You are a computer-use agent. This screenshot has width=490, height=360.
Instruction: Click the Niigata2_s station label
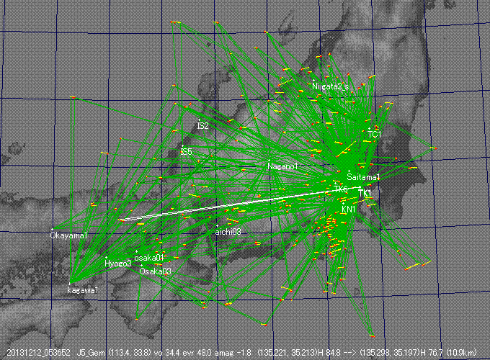(331, 86)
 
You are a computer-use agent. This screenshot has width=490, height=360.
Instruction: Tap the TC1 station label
(374, 135)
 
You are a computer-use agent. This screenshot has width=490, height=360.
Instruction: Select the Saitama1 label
(363, 176)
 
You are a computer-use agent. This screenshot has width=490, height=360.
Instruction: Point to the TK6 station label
(341, 189)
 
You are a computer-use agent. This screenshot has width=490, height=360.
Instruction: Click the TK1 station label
(365, 194)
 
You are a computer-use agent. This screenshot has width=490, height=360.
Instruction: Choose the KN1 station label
(349, 209)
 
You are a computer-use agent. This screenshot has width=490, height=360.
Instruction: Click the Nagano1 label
(282, 166)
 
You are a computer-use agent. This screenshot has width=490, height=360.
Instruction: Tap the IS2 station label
(202, 126)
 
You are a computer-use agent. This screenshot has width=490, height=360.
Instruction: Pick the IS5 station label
(186, 152)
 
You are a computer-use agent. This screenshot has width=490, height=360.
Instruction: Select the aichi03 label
(228, 232)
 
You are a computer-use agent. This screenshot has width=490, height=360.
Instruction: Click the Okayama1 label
(69, 235)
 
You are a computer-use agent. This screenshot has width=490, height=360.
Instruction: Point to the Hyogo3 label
(118, 264)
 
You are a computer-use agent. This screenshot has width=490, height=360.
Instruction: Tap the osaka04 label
(149, 257)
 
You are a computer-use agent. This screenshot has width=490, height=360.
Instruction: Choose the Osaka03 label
(156, 271)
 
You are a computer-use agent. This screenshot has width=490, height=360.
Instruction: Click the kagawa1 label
(83, 290)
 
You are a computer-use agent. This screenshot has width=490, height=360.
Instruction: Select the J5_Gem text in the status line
(92, 354)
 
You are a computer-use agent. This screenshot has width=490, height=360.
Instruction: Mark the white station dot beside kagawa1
(69, 283)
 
